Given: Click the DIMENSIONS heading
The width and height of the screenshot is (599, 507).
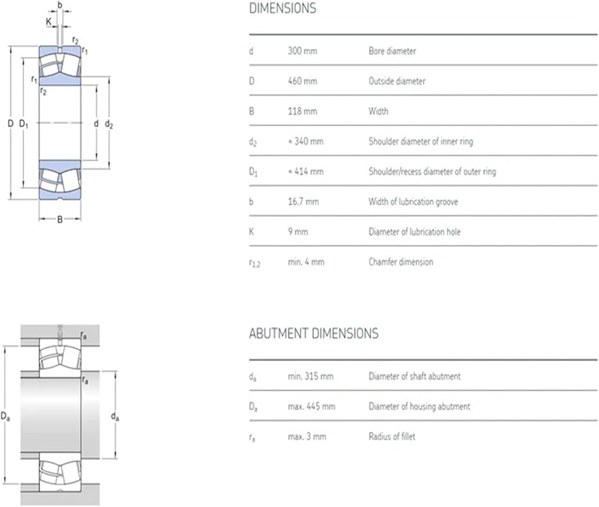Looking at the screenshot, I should click(282, 8).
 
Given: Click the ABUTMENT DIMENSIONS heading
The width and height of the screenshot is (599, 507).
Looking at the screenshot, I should click(313, 333).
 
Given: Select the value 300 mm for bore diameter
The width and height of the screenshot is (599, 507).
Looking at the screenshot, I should click(302, 52).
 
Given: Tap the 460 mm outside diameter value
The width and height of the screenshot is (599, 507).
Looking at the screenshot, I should click(302, 82).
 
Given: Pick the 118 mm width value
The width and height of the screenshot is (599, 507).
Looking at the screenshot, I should click(302, 111).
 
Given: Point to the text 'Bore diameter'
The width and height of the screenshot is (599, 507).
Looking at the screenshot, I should click(392, 52).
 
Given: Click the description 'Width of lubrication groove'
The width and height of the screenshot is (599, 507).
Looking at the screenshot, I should click(413, 202).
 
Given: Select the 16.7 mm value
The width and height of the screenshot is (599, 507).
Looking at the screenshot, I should click(303, 202).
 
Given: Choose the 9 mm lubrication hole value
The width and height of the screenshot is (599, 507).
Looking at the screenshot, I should click(298, 232).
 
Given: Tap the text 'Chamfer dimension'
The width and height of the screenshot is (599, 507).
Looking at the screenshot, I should click(400, 262).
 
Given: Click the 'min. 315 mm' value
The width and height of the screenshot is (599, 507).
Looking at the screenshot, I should click(310, 376).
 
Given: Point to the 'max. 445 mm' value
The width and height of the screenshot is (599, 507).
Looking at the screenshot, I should click(311, 406).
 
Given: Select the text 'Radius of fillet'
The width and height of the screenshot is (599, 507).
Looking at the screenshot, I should click(392, 436).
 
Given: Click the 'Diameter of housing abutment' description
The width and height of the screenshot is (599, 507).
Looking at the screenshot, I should click(419, 406).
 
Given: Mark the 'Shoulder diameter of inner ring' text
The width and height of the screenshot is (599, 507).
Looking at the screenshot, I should click(421, 141).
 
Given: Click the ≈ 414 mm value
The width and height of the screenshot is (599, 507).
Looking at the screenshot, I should click(305, 172).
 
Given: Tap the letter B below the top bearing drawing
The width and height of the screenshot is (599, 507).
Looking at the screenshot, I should click(60, 219).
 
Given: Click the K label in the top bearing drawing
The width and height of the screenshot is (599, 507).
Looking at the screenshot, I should click(49, 22).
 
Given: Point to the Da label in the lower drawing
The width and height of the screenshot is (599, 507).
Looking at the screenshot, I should click(5, 415).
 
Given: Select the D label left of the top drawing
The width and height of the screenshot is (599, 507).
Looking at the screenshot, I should click(10, 124).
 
